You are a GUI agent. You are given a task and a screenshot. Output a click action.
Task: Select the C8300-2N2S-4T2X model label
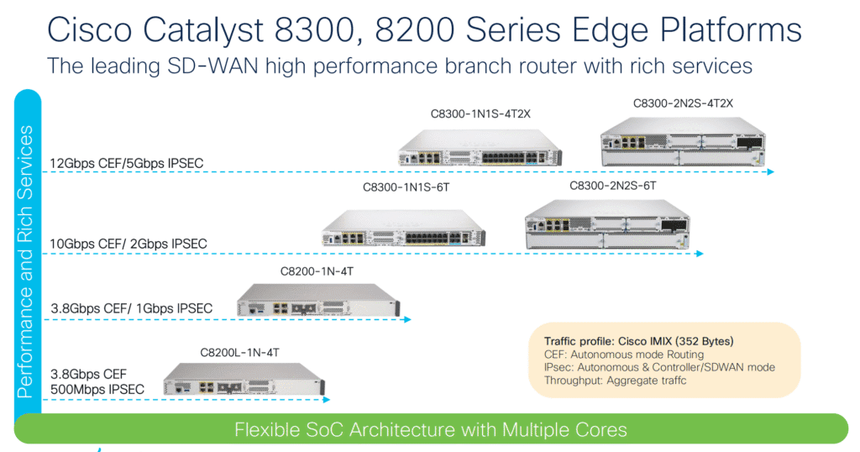[x=683, y=103]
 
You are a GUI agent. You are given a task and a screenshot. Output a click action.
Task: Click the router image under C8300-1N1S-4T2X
[x=480, y=144]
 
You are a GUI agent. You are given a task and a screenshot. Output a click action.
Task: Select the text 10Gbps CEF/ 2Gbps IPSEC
[x=128, y=244]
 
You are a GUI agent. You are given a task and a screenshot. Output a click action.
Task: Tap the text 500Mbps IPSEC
[x=97, y=389]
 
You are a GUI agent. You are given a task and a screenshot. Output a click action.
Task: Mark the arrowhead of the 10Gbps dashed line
[x=699, y=253]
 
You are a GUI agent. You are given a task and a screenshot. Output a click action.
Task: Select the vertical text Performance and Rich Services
[x=27, y=260]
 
